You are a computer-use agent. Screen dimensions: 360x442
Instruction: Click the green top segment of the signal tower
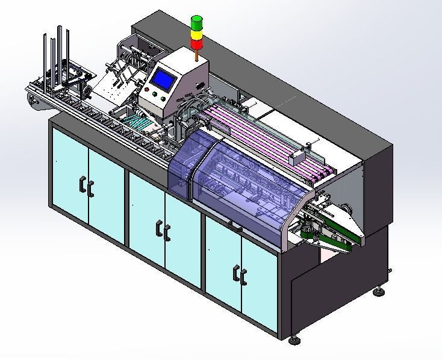click(x=197, y=22)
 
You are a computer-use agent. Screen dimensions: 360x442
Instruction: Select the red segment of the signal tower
click(x=197, y=44)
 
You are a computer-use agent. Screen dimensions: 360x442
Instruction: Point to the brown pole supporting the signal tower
click(x=197, y=55)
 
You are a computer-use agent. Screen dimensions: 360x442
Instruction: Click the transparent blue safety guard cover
click(x=241, y=181)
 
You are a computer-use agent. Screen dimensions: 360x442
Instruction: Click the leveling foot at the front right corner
click(x=294, y=340)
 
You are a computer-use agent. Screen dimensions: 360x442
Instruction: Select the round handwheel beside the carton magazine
click(x=88, y=91)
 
